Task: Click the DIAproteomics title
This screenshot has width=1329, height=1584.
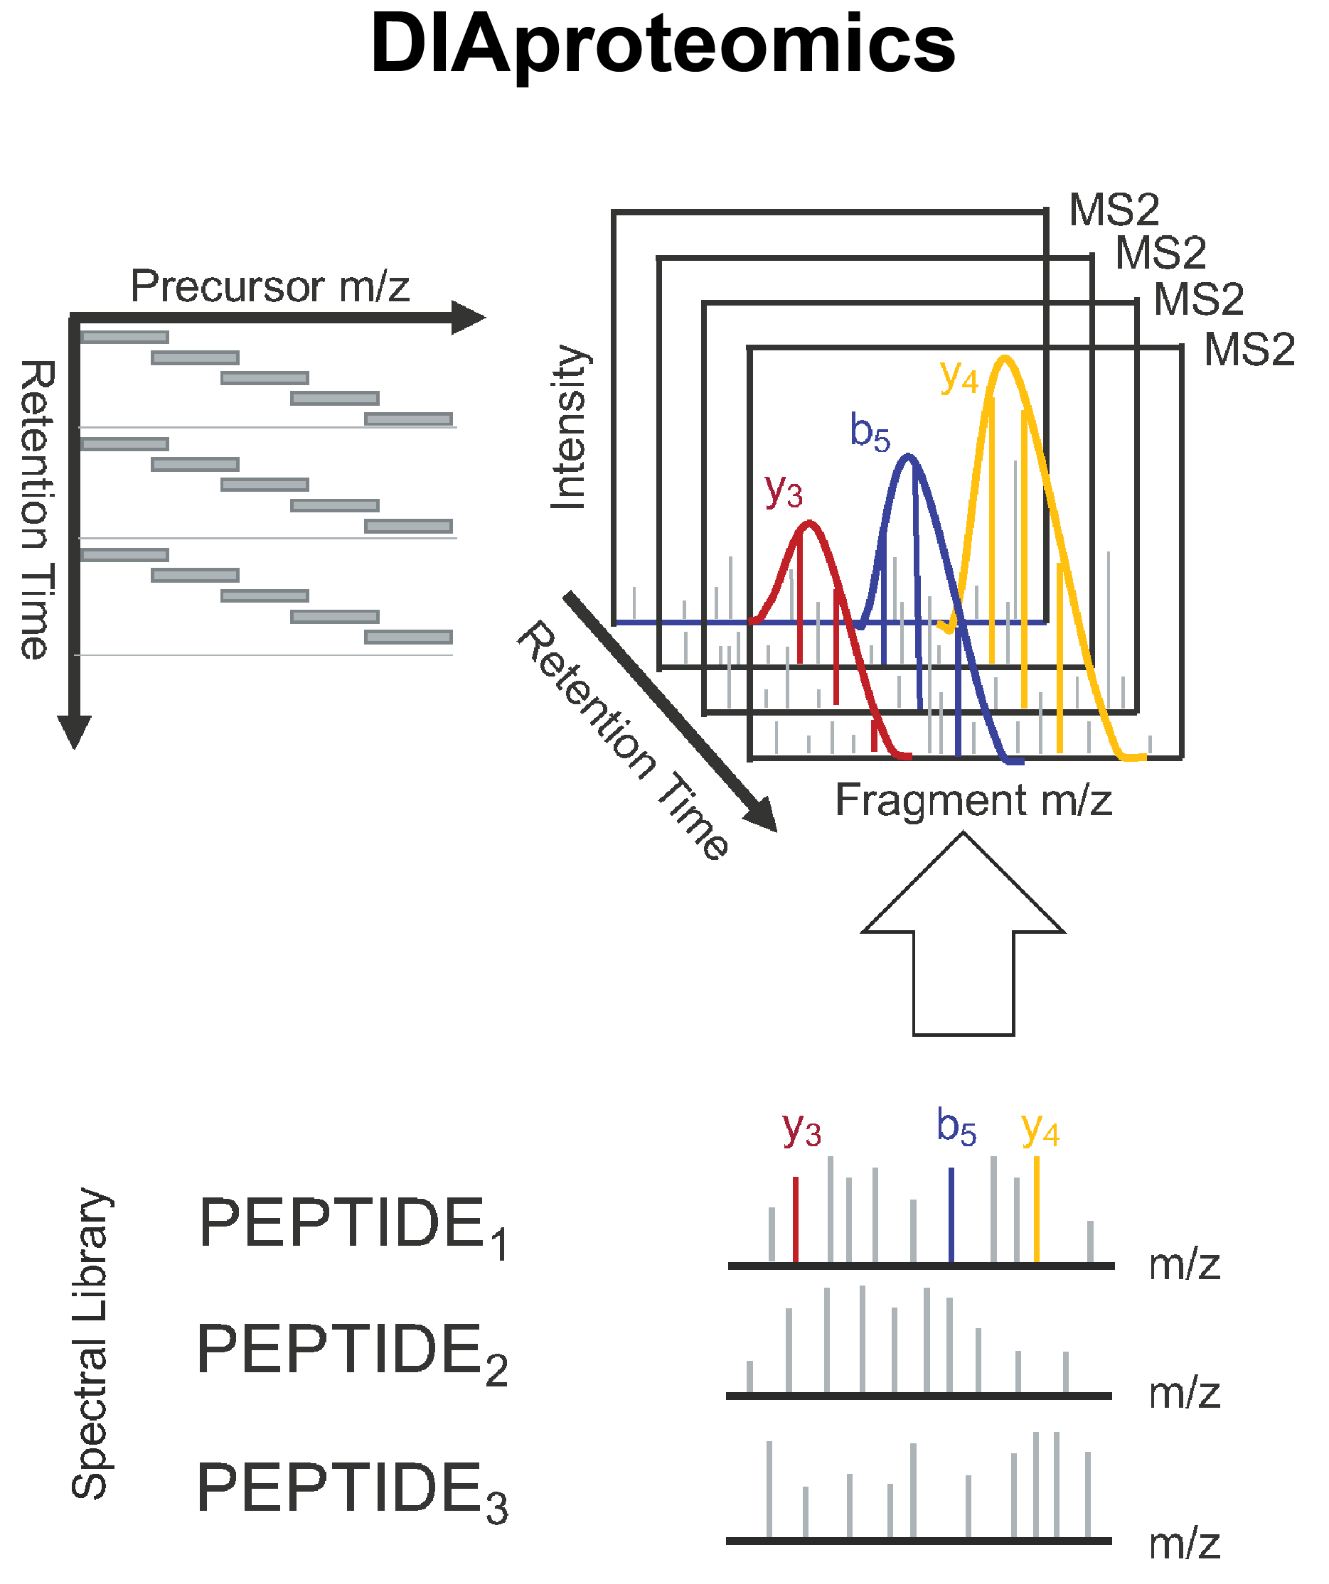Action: click(x=663, y=45)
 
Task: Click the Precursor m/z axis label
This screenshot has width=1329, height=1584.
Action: click(x=270, y=286)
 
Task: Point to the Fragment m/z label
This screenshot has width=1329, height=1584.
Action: click(x=973, y=800)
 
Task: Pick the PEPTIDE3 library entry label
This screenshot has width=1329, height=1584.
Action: click(x=352, y=1488)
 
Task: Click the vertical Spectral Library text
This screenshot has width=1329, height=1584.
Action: click(x=90, y=1342)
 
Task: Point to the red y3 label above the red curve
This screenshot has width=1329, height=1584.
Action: click(x=783, y=491)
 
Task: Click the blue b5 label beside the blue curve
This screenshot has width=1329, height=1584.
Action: click(x=870, y=432)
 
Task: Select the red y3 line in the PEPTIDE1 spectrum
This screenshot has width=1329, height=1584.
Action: click(x=796, y=1219)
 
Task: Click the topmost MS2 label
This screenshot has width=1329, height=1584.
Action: click(x=1114, y=210)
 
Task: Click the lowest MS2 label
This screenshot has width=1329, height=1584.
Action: click(x=1249, y=350)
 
